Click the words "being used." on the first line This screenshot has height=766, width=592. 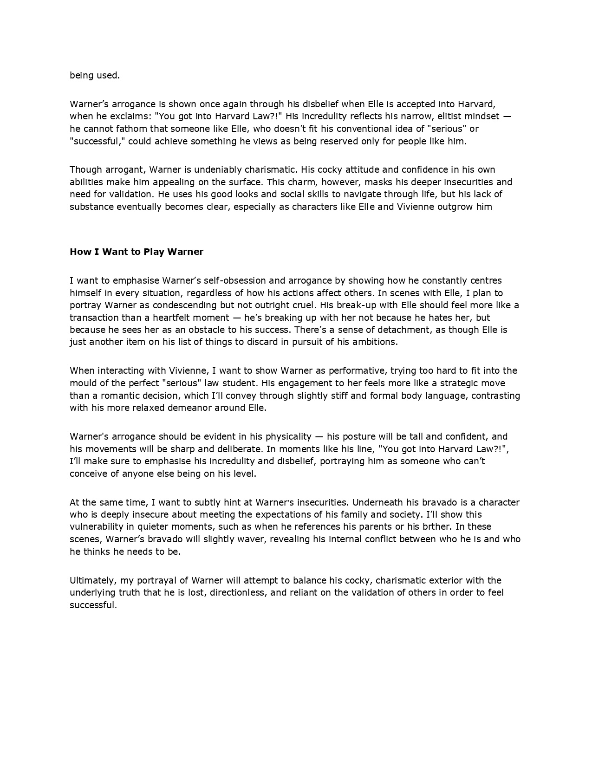coord(95,75)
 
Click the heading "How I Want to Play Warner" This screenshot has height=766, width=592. coord(137,252)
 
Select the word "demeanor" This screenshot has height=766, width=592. coord(208,408)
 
